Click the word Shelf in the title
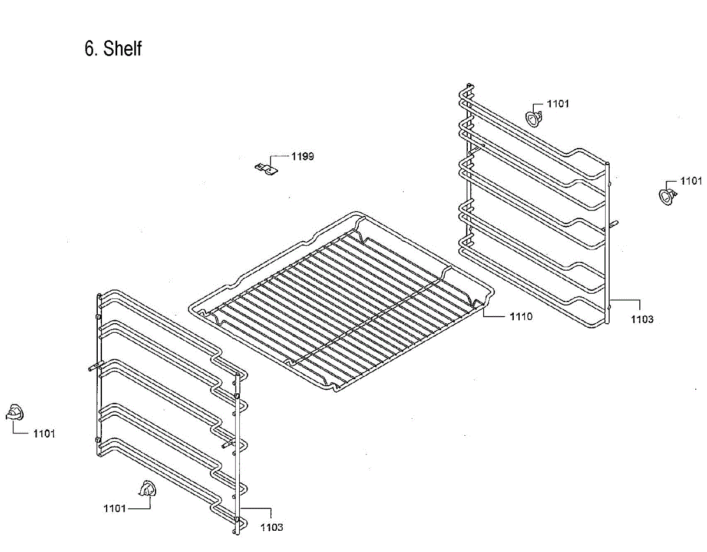pyautogui.click(x=123, y=48)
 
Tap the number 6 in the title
pyautogui.click(x=90, y=48)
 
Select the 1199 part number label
pyautogui.click(x=302, y=156)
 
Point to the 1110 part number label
pyautogui.click(x=521, y=317)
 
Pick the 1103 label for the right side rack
pyautogui.click(x=642, y=319)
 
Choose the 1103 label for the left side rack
pyautogui.click(x=272, y=527)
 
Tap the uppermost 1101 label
pyautogui.click(x=558, y=104)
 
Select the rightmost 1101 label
pyautogui.click(x=691, y=180)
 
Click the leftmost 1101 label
pyautogui.click(x=44, y=433)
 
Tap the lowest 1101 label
pyautogui.click(x=114, y=508)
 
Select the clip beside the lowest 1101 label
pyautogui.click(x=147, y=489)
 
